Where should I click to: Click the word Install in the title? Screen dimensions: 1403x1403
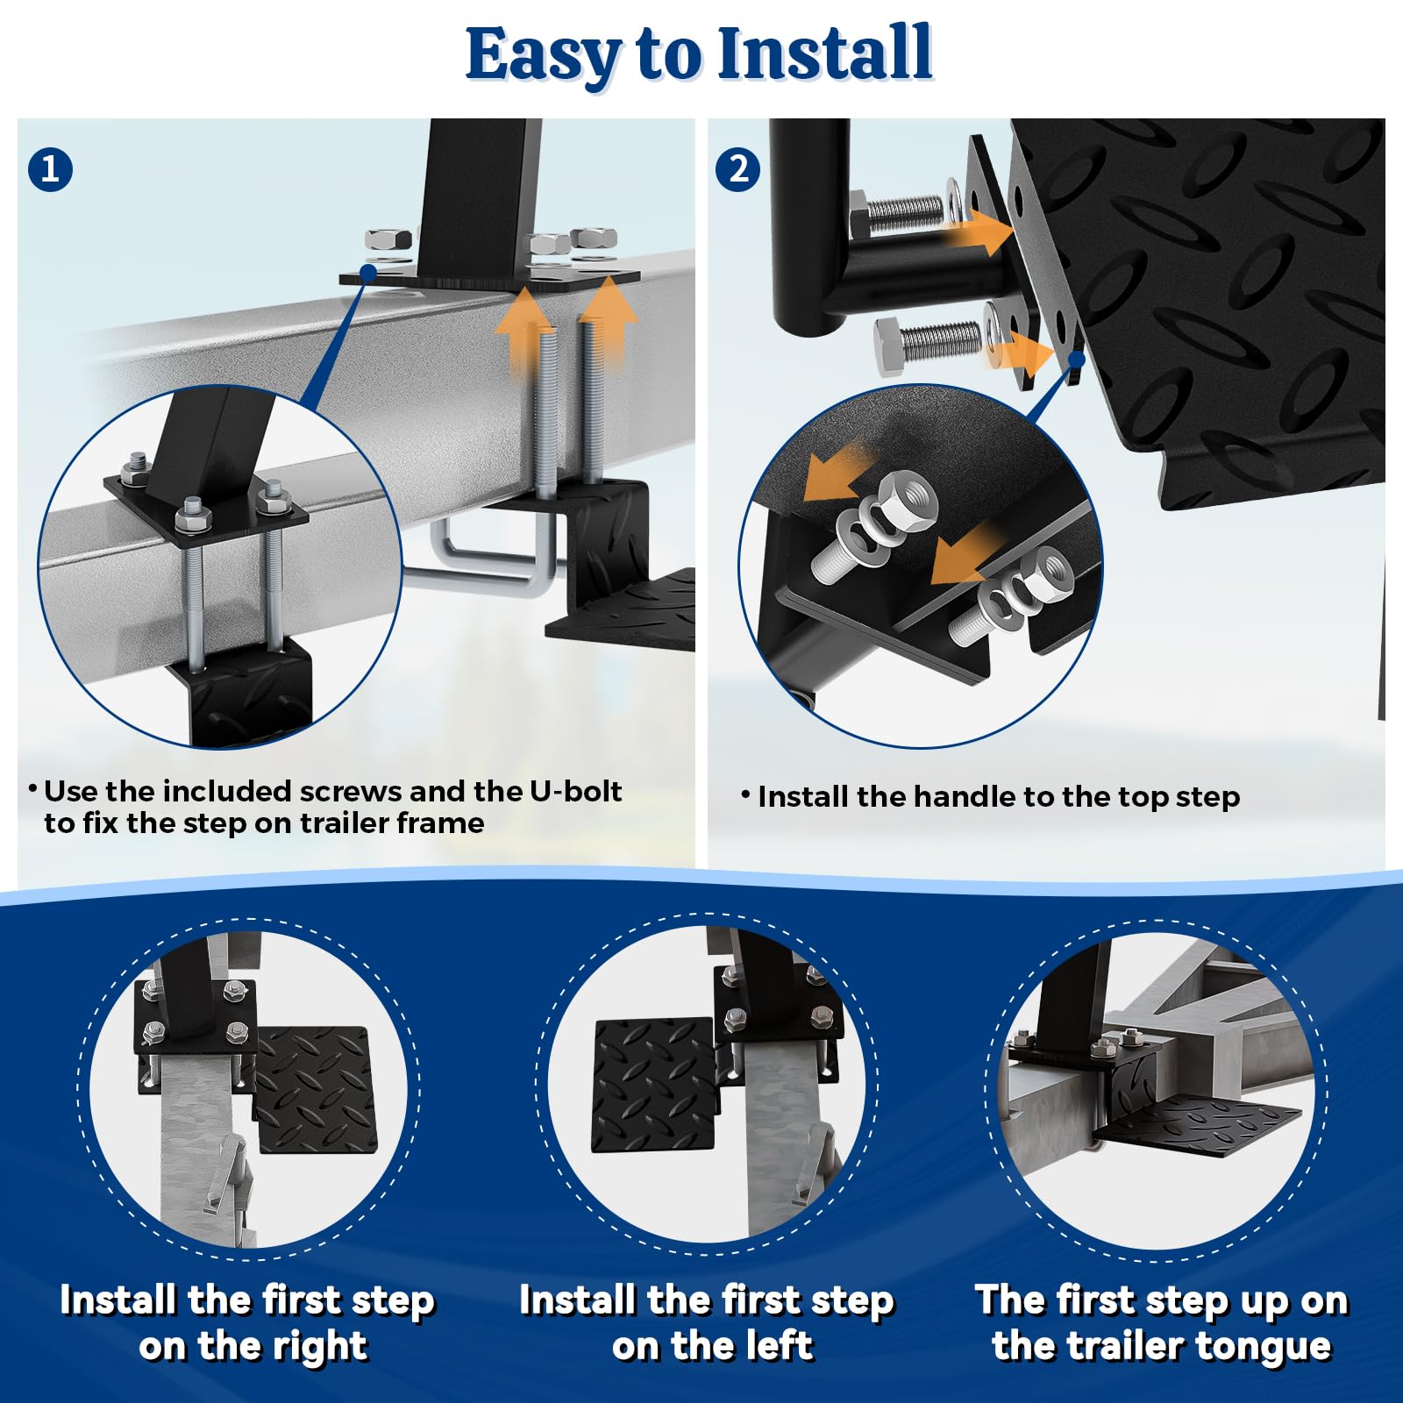tap(824, 54)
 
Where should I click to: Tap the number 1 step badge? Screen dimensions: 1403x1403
tap(50, 168)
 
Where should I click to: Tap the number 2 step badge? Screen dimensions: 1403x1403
tap(738, 168)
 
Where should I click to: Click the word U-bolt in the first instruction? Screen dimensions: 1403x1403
tap(575, 791)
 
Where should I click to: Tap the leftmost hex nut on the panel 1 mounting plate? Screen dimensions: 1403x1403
tap(388, 239)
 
